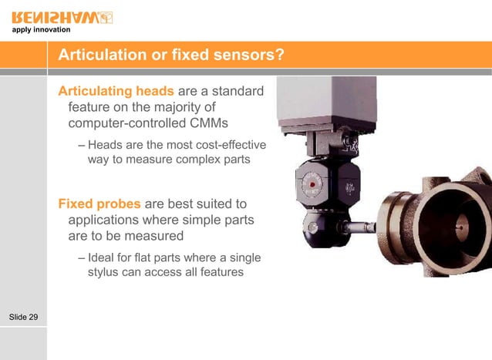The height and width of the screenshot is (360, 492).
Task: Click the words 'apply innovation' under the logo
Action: [x=41, y=30]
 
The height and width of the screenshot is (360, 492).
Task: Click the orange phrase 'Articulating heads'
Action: [x=116, y=93]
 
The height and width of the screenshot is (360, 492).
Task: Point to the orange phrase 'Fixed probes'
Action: [x=99, y=204]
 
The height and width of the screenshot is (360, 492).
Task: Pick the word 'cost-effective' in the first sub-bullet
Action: [x=228, y=145]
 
